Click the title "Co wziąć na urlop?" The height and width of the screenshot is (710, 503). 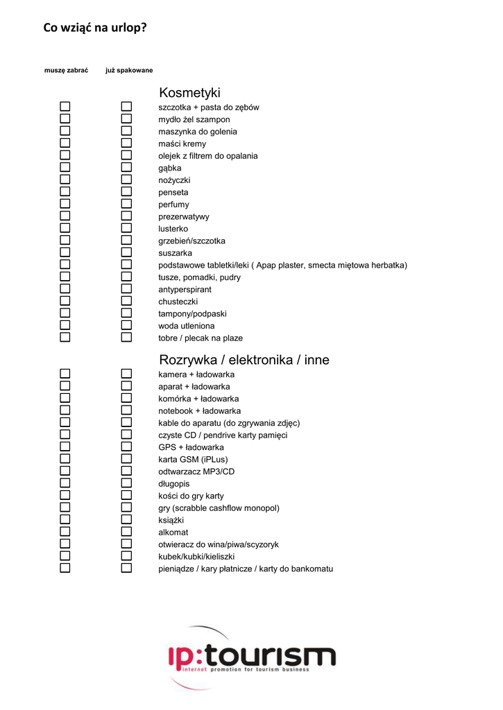coord(95,28)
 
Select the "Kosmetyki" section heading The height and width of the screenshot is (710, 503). coord(189,92)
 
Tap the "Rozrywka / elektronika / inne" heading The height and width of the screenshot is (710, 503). coord(244,360)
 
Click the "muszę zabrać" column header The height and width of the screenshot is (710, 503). coord(66,71)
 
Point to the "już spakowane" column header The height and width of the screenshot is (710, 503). coord(129,71)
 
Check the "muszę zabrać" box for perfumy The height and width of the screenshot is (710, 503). coord(65,204)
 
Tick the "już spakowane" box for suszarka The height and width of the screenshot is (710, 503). coord(126,252)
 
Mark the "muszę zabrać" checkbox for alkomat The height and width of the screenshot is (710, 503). coord(65,532)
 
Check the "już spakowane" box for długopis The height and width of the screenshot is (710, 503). coord(126,483)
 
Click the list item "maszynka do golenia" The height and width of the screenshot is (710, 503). coord(198,132)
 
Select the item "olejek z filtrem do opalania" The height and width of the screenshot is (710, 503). coord(208,156)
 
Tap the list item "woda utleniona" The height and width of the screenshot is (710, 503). coord(187,326)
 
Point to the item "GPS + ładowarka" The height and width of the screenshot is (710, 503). coord(191,447)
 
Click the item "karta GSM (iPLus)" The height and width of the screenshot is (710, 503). coord(193,459)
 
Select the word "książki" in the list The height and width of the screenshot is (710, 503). coord(171,520)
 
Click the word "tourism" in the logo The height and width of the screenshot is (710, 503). coord(271,656)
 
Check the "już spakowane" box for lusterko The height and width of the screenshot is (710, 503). coord(126,228)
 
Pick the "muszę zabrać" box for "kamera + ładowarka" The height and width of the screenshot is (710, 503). coord(65,374)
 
